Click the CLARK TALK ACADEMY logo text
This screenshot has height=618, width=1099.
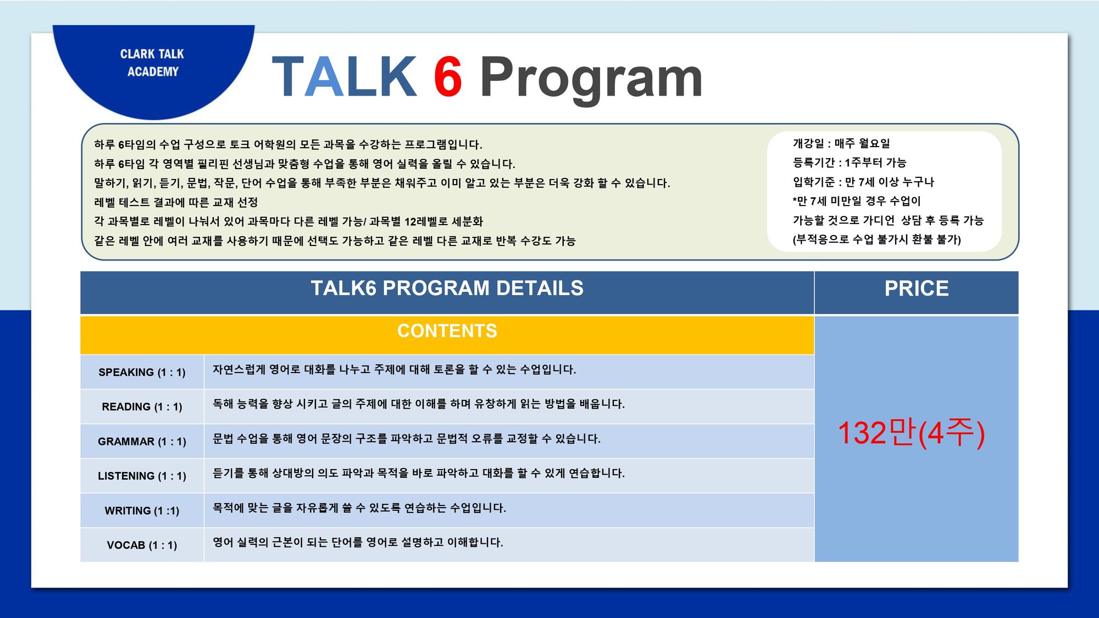152,63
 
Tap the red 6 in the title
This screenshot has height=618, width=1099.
448,77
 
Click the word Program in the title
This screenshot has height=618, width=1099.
591,80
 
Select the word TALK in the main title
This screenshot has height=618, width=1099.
345,77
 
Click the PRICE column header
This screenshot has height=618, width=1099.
917,288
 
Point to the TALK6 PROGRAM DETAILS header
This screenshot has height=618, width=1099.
447,288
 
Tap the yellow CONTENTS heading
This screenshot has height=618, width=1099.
447,331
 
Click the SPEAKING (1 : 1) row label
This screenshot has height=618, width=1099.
142,372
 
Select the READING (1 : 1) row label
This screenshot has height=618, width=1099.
142,407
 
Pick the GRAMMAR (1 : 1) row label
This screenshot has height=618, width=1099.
142,442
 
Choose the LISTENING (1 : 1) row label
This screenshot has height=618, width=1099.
142,476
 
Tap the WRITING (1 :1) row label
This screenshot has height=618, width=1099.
142,511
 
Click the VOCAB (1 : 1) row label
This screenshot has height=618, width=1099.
142,545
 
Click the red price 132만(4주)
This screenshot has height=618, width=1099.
911,433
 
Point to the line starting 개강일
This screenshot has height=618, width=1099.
841,143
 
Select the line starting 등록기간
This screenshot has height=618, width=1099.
850,163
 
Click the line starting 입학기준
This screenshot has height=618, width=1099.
863,182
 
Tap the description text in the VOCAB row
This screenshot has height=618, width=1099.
358,542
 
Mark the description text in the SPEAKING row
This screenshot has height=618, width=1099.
394,370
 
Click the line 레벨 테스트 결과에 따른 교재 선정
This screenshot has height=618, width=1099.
176,202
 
